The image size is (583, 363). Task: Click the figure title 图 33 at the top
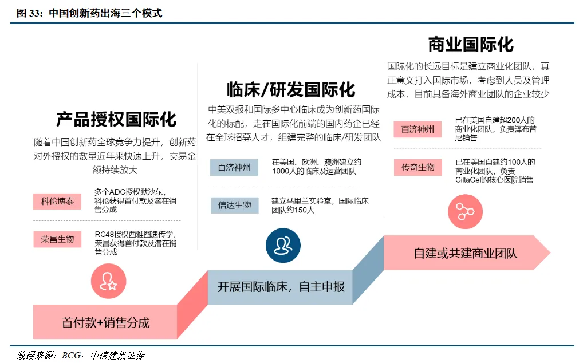[x=89, y=13]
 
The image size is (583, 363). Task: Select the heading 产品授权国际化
[x=116, y=119]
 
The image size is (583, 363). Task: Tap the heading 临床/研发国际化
[x=290, y=90]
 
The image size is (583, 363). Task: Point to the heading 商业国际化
[x=471, y=44]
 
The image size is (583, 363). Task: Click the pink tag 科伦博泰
[x=57, y=201]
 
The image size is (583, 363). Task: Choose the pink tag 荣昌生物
[x=57, y=239]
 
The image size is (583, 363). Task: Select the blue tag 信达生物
[x=234, y=205]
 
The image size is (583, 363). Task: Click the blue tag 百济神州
[x=234, y=168]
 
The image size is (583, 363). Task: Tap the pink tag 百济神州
[x=417, y=129]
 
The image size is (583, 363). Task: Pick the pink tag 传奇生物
[x=417, y=167]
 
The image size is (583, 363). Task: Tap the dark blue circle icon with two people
[x=283, y=245]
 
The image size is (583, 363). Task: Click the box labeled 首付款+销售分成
[x=105, y=322]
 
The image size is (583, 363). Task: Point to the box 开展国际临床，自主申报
[x=281, y=286]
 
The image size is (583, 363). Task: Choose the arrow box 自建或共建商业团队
[x=465, y=252]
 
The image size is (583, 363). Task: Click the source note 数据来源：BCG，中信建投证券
[x=80, y=356]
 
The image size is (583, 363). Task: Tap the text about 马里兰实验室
[x=320, y=206]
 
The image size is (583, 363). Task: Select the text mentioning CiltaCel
[x=494, y=171]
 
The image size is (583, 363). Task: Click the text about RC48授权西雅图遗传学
[x=135, y=243]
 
